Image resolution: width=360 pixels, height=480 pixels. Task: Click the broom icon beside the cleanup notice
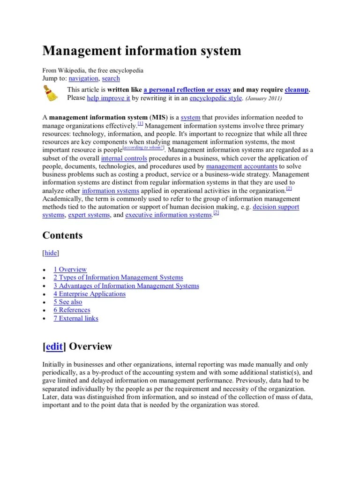pos(51,94)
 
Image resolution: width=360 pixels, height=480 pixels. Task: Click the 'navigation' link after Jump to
pos(83,78)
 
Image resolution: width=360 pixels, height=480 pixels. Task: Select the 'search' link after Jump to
pos(111,78)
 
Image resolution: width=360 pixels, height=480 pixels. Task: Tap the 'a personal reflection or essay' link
pos(187,90)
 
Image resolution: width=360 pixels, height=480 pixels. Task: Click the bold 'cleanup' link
pos(297,90)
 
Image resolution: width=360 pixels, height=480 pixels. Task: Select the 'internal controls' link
pos(124,158)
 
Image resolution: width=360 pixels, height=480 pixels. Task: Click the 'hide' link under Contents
pos(51,253)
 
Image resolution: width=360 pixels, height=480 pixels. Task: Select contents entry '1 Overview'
pos(70,269)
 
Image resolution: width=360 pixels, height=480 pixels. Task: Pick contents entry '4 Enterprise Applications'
pos(89,294)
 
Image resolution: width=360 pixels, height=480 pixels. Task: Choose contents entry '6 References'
pos(72,310)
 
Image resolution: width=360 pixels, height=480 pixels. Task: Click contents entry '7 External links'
pos(75,318)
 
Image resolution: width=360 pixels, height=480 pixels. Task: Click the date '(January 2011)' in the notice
pos(264,98)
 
